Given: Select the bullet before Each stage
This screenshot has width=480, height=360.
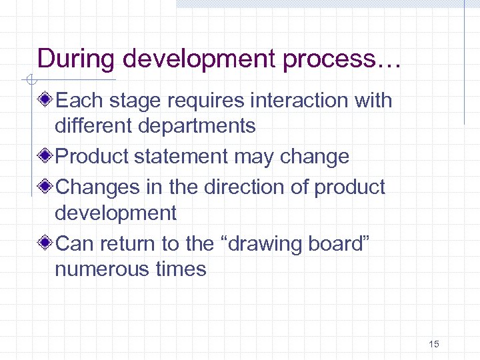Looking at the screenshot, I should click(45, 101).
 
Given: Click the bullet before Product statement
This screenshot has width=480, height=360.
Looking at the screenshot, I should click(45, 157).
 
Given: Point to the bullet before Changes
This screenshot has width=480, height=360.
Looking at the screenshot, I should click(45, 187).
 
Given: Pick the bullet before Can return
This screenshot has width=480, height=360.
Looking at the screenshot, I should click(45, 244).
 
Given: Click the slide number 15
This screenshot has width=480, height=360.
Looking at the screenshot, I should click(434, 344).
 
